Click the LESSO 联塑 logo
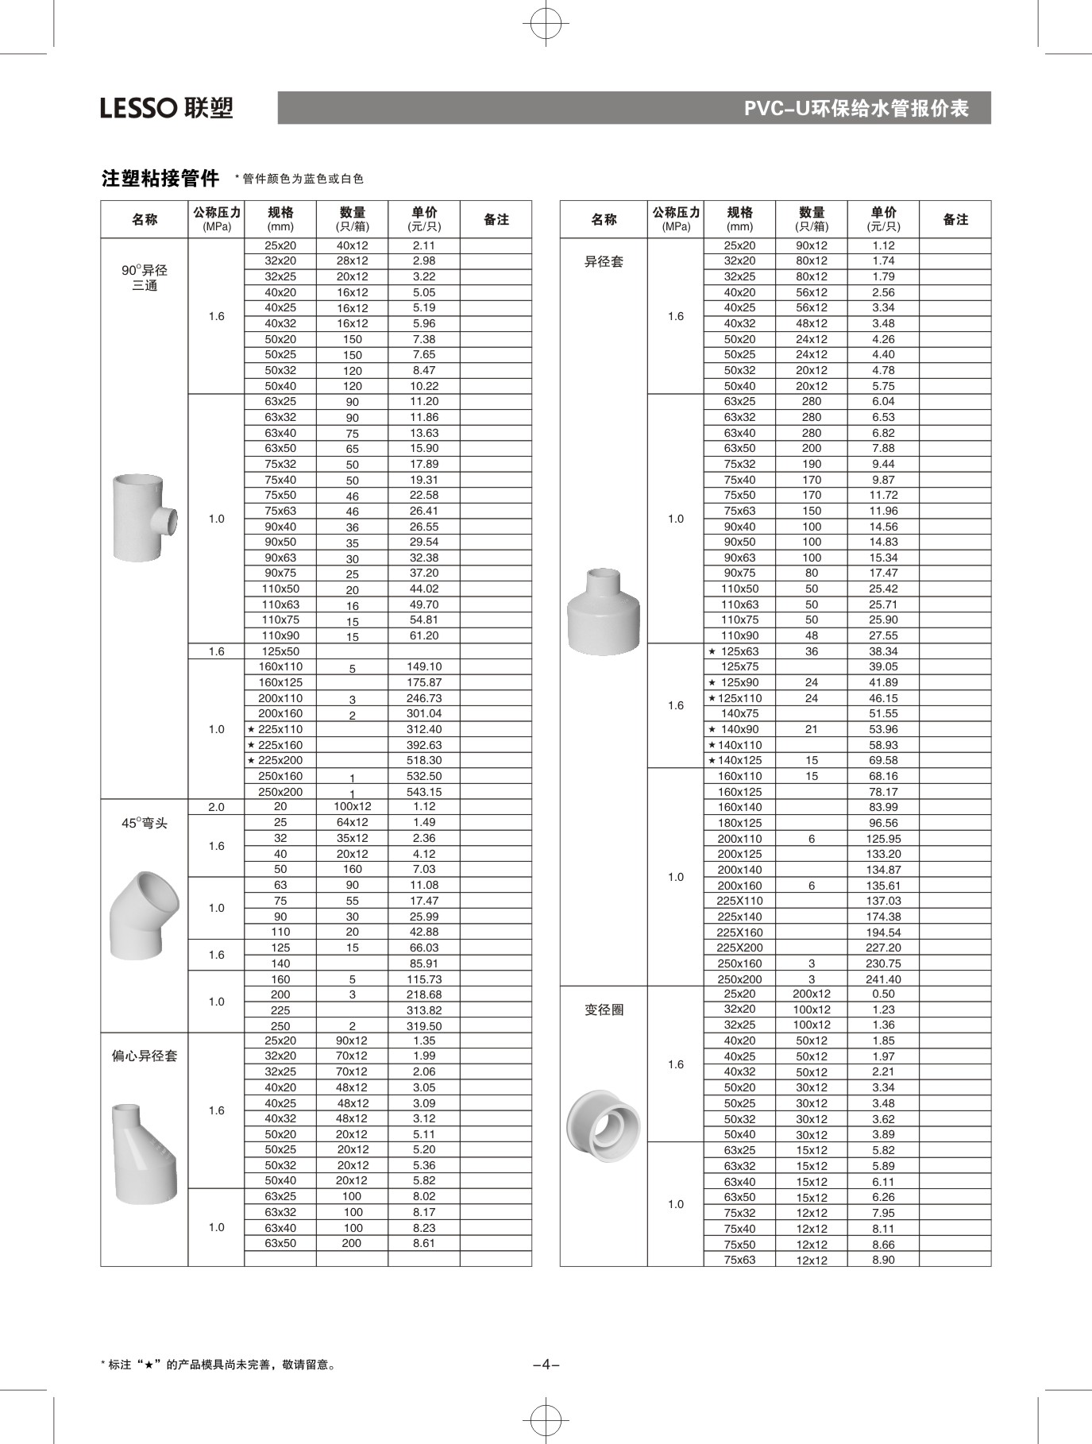(x=167, y=107)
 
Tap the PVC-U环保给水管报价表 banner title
(x=855, y=108)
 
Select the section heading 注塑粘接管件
(x=160, y=178)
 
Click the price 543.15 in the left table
(x=424, y=792)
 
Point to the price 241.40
(x=883, y=979)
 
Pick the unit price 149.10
(x=424, y=666)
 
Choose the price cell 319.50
(x=424, y=1025)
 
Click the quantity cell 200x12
(x=812, y=994)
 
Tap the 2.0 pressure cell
(x=216, y=807)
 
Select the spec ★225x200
(x=276, y=760)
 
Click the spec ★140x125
(x=735, y=760)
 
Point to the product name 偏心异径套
(x=145, y=1056)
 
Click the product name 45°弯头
(x=145, y=823)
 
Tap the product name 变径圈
(x=604, y=1010)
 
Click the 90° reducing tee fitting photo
(x=144, y=517)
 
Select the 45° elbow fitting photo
(x=144, y=915)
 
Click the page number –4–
(x=546, y=1365)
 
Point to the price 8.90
(x=883, y=1260)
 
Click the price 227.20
(x=883, y=948)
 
